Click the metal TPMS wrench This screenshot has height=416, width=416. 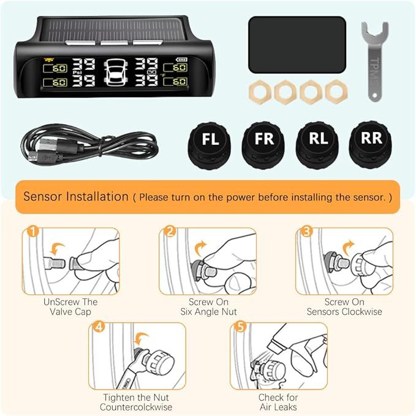click(x=374, y=61)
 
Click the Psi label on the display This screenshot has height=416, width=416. click(x=78, y=72)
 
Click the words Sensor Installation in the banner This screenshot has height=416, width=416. click(x=75, y=197)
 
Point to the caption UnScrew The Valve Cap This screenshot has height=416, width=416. click(x=70, y=307)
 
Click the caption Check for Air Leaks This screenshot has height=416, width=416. click(x=278, y=402)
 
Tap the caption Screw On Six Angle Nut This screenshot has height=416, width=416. click(x=208, y=307)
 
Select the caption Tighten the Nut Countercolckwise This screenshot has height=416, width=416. click(x=135, y=402)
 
